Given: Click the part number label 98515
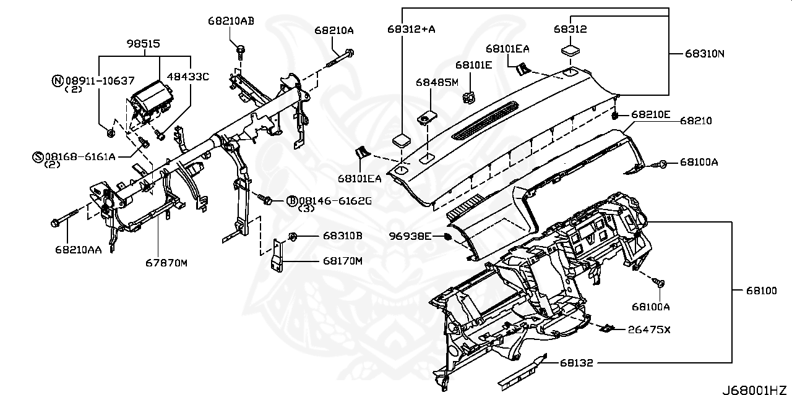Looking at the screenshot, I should point(144,45).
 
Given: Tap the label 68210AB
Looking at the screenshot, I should point(230,21).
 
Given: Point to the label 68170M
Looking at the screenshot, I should point(342,261).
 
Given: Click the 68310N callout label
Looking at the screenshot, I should point(704,54).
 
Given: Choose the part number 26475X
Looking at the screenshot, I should point(649,329).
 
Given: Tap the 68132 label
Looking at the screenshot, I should point(577,363).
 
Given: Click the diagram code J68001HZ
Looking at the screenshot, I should point(755,389).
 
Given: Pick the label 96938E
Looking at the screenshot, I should point(410,236).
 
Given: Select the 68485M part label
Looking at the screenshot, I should point(437,82).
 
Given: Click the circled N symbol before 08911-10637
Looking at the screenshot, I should point(58,80).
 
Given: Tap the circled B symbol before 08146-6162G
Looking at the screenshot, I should point(292,200).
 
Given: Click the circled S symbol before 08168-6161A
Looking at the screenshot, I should point(37,156).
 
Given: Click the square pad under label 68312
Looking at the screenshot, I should point(570,50).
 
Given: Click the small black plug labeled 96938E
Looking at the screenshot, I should point(447,236).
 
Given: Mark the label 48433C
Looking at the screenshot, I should point(189,77).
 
